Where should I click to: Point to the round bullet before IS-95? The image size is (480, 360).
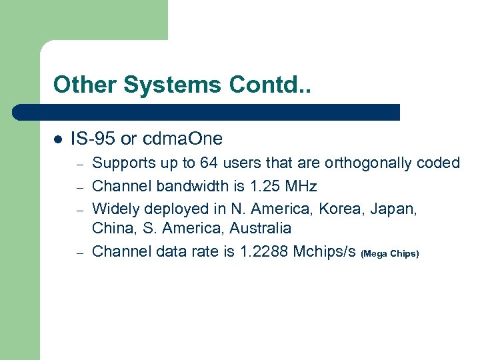tap(57, 139)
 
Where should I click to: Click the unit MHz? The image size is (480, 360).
tap(300, 185)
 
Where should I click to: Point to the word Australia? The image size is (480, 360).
tap(261, 229)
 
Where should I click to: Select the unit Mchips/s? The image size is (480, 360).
tap(325, 251)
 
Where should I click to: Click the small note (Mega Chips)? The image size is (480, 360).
tap(389, 253)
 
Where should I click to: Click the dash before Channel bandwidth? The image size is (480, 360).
tap(78, 185)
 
